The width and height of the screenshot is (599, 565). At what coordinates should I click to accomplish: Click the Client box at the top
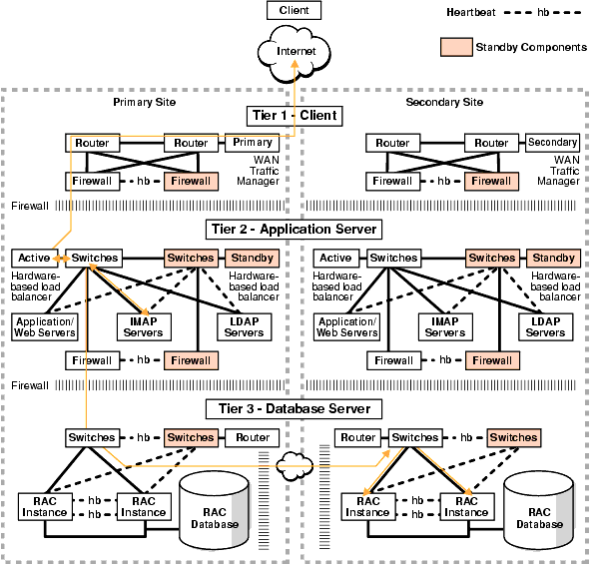pos(295,11)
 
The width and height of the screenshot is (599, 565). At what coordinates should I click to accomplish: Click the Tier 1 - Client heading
pos(294,116)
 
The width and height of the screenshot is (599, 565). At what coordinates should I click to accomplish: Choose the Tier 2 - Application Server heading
pos(294,230)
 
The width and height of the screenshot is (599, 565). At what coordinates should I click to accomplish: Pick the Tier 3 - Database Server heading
pos(294,408)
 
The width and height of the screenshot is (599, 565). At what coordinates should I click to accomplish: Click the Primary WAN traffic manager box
pos(252,143)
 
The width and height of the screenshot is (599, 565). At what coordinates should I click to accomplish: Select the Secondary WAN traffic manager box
pos(552,143)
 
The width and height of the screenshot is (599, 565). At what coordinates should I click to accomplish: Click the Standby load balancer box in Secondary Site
pos(552,259)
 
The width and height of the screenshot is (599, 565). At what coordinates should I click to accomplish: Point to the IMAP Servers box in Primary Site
pos(145,326)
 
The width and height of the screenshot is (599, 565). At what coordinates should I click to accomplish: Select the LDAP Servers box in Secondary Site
pos(545,326)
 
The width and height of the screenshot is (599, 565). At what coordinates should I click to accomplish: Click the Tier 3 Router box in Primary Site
pos(252,438)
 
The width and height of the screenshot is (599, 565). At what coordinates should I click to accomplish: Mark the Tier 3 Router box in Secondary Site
pos(357,438)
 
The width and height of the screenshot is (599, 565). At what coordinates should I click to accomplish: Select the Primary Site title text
pos(139,102)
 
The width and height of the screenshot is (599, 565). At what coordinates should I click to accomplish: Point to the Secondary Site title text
pos(444,102)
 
